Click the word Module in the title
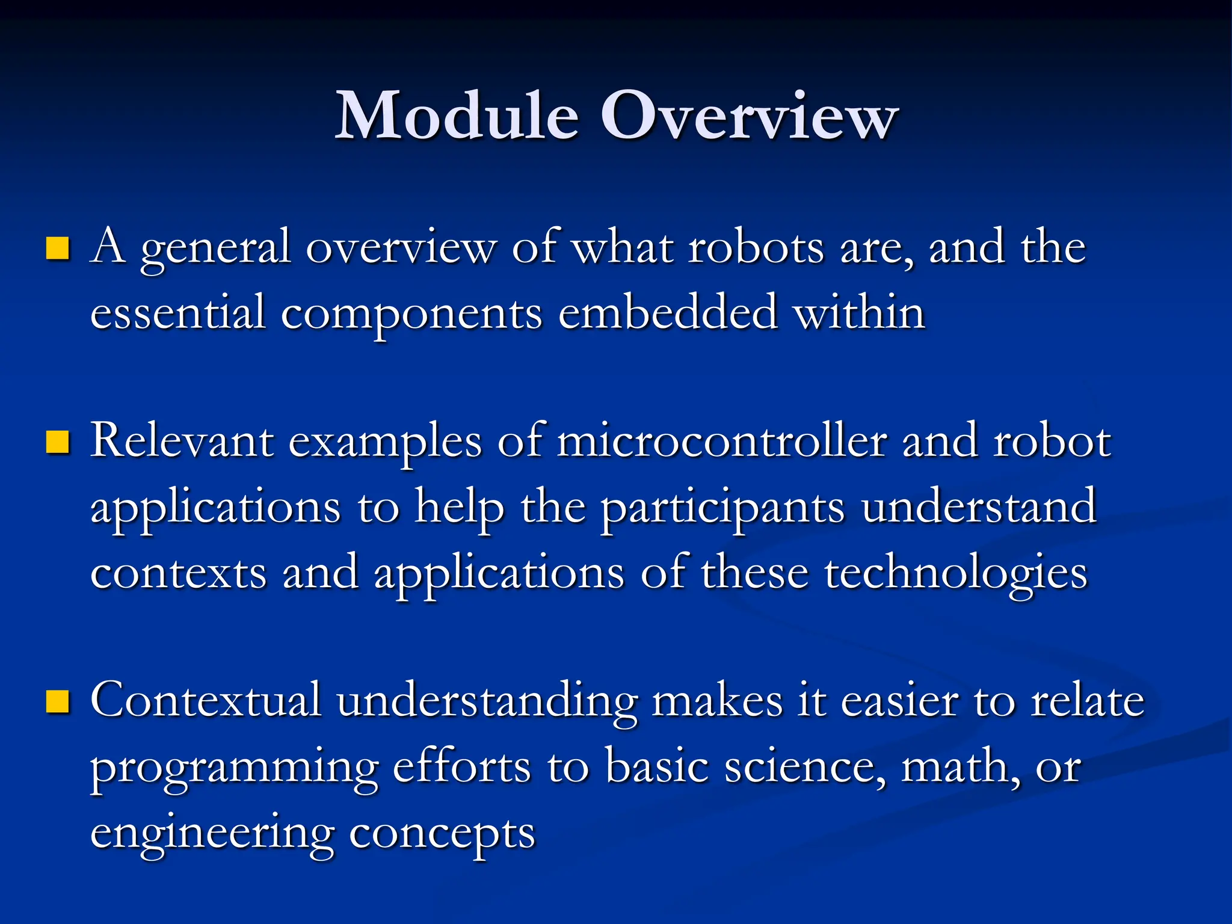[x=457, y=115]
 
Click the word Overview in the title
[x=749, y=115]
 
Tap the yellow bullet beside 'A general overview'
[x=58, y=248]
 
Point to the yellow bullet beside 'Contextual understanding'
[x=58, y=701]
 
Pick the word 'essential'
[x=178, y=313]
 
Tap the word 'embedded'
[x=668, y=313]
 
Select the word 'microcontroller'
[x=722, y=442]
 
